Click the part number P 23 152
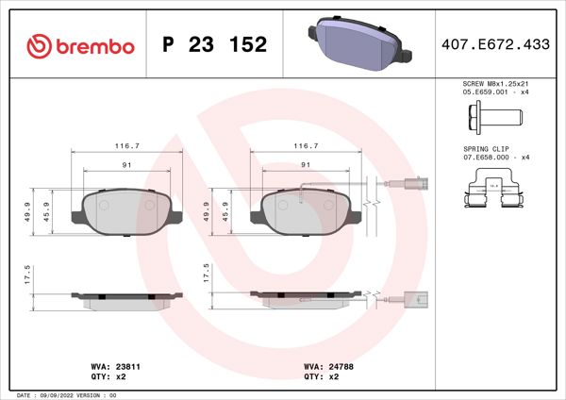pyautogui.click(x=214, y=45)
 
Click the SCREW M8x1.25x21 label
pyautogui.click(x=496, y=85)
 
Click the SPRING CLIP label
pyautogui.click(x=487, y=150)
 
